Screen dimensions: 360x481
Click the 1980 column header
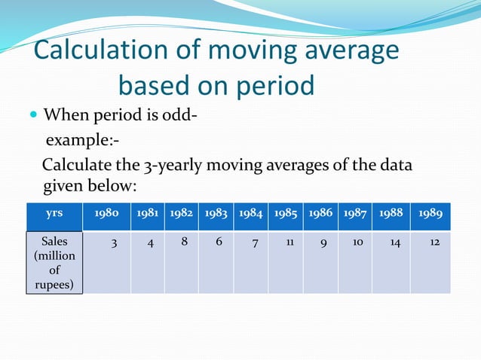(106, 214)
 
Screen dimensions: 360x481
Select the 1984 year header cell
(251, 214)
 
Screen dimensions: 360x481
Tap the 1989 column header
(430, 214)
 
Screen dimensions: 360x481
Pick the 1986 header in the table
(320, 214)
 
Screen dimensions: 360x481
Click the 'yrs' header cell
(54, 214)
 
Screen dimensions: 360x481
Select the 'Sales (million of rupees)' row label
(54, 263)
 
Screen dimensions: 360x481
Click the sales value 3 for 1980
(113, 243)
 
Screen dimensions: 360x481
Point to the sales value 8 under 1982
(185, 243)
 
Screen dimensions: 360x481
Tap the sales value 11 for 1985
(290, 243)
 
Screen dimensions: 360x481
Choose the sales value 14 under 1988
(395, 243)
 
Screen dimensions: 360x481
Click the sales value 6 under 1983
(219, 243)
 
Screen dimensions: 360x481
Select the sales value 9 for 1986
(323, 243)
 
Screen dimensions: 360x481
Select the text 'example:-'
(83, 141)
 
